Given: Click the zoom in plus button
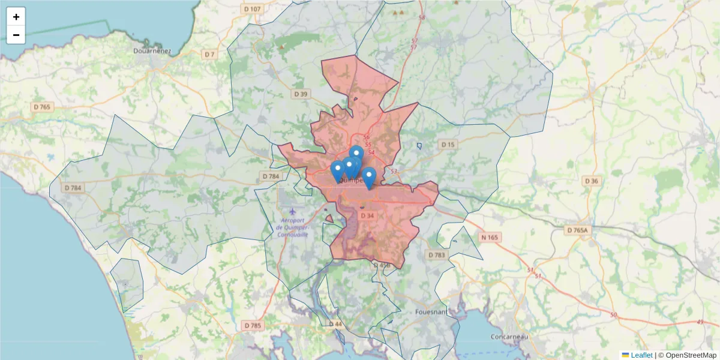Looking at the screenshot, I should [x=16, y=17].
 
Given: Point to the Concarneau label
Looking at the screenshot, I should [x=509, y=337].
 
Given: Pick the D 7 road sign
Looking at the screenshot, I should [x=209, y=55].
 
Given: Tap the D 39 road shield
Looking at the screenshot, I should [x=301, y=94].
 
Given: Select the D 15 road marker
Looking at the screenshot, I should [x=448, y=145].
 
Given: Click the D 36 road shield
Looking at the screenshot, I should [x=591, y=181].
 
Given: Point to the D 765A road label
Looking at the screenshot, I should [x=578, y=230].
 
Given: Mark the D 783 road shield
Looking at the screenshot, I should [x=437, y=255].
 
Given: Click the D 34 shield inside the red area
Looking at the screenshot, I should [x=367, y=216].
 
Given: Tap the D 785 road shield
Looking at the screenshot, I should [x=253, y=325].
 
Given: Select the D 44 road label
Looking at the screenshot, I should [x=335, y=324].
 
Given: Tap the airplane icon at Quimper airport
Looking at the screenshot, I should [x=292, y=212].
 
